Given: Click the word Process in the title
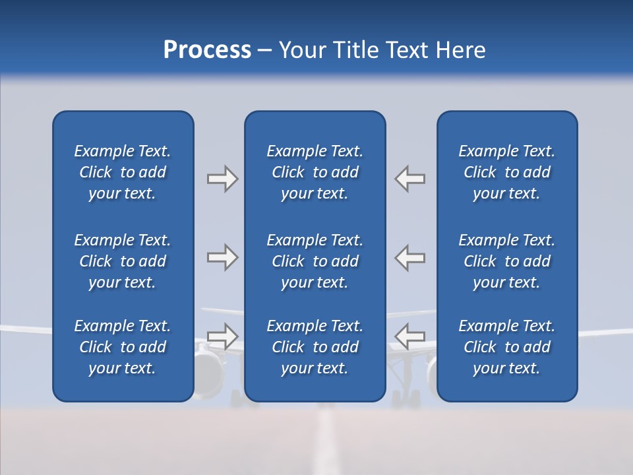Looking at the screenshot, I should click(207, 49).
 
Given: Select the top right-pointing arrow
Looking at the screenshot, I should click(222, 179).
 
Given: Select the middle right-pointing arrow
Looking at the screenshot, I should click(222, 257).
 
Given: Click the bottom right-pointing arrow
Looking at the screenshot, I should click(222, 336).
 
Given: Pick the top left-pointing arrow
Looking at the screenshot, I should click(410, 179).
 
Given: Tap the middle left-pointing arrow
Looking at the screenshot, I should click(410, 257).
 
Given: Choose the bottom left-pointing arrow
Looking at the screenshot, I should click(410, 336).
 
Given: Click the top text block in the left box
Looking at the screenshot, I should click(123, 172).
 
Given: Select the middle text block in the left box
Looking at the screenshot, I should click(123, 261).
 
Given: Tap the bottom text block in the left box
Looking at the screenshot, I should click(123, 347).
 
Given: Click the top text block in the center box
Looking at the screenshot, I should click(315, 172).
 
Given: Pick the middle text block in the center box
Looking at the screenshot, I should click(315, 261).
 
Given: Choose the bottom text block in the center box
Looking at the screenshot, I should click(315, 347).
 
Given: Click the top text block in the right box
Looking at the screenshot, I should click(506, 172).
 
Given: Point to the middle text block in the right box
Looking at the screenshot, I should click(506, 261).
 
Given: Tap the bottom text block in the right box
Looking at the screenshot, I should click(506, 347).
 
